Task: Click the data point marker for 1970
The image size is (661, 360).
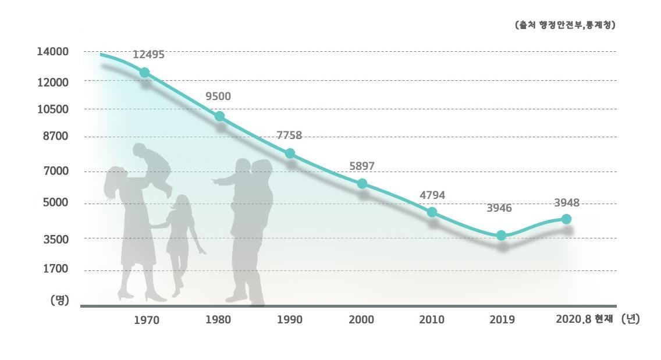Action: pyautogui.click(x=144, y=73)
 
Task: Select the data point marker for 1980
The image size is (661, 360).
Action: pyautogui.click(x=219, y=116)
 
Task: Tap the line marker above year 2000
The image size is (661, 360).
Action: pyautogui.click(x=362, y=184)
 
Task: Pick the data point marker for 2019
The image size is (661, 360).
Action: pyautogui.click(x=502, y=236)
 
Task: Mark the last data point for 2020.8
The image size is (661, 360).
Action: pyautogui.click(x=566, y=219)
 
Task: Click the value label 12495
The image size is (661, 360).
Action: pyautogui.click(x=148, y=55)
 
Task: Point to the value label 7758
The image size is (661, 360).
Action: pyautogui.click(x=289, y=136)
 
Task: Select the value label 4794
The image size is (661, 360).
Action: pyautogui.click(x=432, y=195)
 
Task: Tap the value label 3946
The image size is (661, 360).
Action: pyautogui.click(x=499, y=208)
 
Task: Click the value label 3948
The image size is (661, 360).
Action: pyautogui.click(x=566, y=203)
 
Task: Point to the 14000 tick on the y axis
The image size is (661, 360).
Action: pyautogui.click(x=52, y=52)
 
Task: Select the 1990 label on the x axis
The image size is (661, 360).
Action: pyautogui.click(x=289, y=320)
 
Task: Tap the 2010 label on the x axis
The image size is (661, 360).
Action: pyautogui.click(x=432, y=320)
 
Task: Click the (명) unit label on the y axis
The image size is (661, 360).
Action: pyautogui.click(x=59, y=300)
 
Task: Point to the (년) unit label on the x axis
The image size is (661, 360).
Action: pyautogui.click(x=630, y=319)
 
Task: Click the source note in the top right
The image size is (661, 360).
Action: pyautogui.click(x=565, y=25)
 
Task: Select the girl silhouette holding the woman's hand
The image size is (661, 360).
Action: pyautogui.click(x=180, y=238)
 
